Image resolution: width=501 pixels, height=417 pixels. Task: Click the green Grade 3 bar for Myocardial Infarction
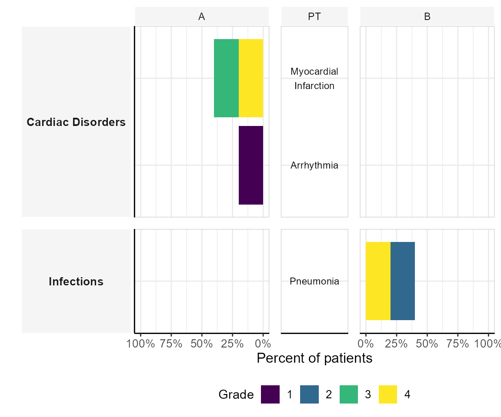[226, 78]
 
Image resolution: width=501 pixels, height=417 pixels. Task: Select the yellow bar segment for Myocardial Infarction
[251, 78]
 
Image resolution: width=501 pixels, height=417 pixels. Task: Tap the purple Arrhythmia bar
[251, 165]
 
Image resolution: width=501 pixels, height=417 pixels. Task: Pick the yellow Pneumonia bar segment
[378, 281]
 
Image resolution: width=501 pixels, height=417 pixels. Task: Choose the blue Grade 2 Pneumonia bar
[403, 281]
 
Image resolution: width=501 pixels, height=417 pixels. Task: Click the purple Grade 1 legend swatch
[270, 394]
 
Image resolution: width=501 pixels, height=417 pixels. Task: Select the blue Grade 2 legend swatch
[309, 394]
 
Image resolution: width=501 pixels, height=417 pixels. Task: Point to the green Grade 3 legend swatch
[349, 394]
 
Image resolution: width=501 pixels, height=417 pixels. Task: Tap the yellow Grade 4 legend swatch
[388, 394]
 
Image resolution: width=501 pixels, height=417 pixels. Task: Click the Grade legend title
[236, 394]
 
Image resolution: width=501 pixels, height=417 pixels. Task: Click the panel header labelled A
[202, 17]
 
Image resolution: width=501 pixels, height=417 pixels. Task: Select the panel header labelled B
[427, 17]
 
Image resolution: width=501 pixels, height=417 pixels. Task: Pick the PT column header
[314, 17]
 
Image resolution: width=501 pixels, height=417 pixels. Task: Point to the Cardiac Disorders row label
[76, 122]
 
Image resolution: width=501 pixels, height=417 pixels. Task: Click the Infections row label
[76, 281]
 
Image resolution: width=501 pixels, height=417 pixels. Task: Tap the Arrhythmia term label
[314, 165]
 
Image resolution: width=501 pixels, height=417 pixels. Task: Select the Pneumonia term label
[314, 281]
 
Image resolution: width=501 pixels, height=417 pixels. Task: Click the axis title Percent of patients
[314, 358]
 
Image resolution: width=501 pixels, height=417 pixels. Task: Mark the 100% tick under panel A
[141, 344]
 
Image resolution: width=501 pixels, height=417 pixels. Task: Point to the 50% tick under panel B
[427, 344]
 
